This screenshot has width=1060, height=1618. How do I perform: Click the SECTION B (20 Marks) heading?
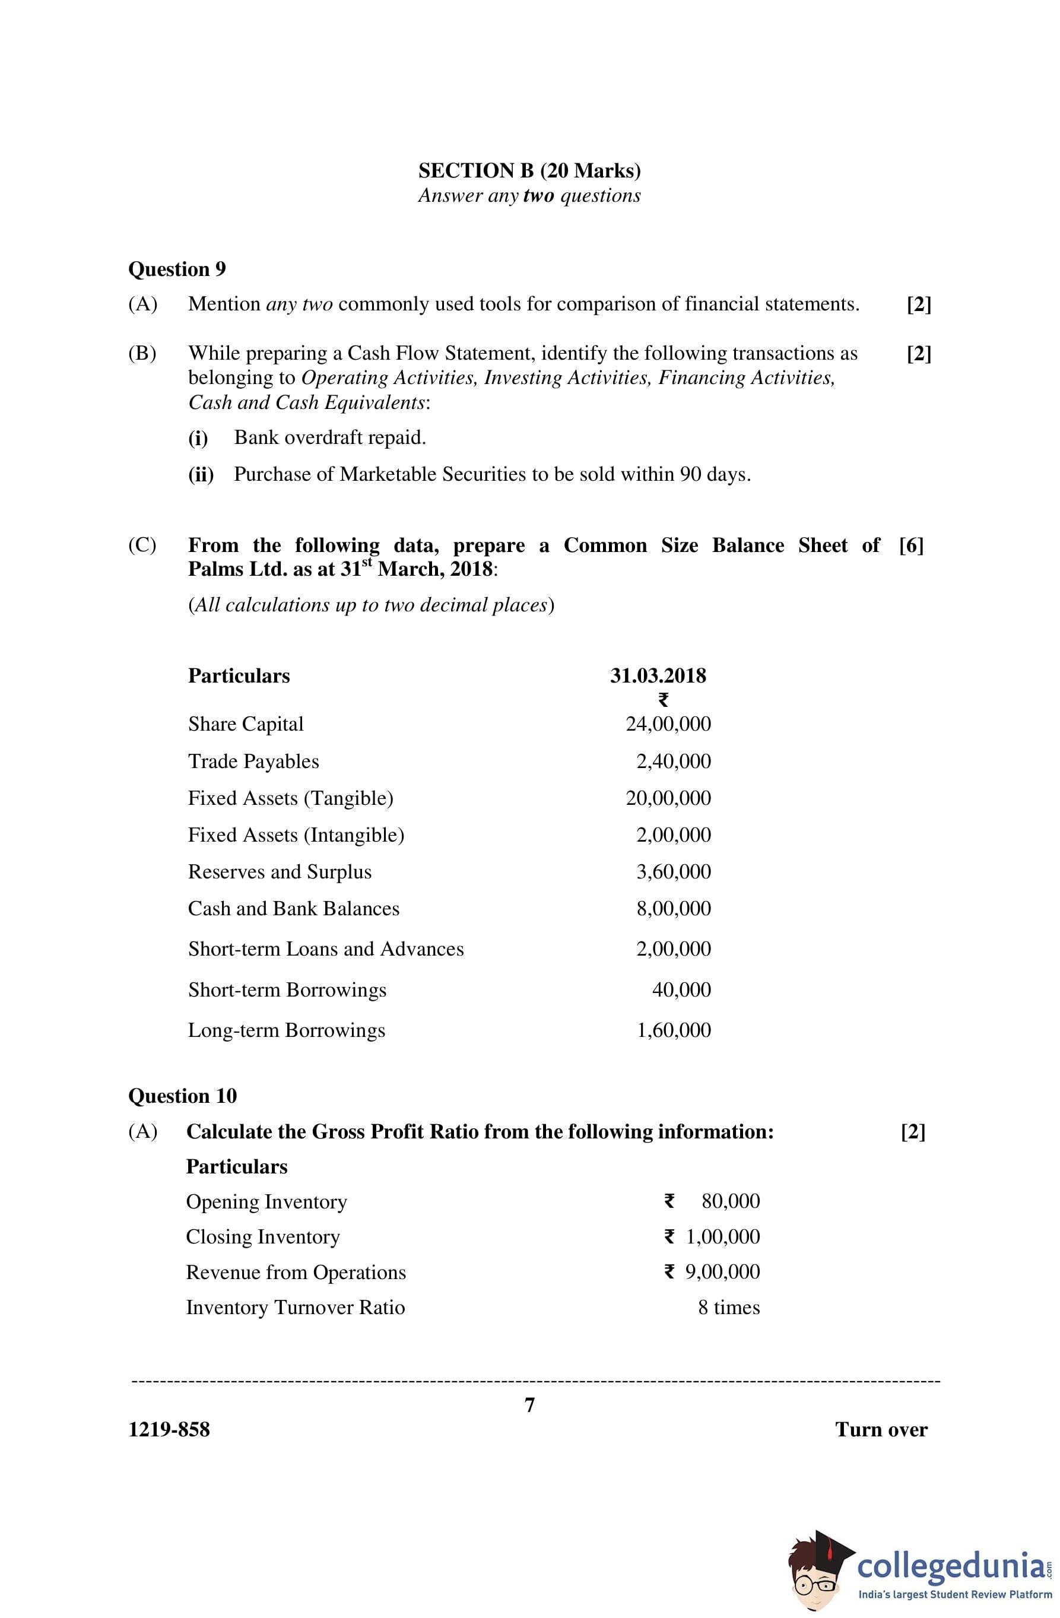(x=529, y=170)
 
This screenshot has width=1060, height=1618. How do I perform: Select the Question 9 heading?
(x=177, y=269)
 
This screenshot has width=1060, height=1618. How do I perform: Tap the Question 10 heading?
(x=182, y=1095)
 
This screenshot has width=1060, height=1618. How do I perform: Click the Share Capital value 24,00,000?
(x=668, y=724)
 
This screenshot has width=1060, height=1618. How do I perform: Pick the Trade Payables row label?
(x=253, y=762)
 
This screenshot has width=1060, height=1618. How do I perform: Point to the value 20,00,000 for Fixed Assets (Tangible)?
(x=668, y=798)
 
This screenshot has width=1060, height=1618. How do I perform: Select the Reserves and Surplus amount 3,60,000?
(x=673, y=871)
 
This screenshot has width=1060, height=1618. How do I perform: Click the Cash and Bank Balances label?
(x=293, y=909)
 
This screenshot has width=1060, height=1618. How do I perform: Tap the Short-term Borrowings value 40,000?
(x=681, y=989)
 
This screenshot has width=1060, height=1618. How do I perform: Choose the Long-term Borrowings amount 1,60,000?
(x=673, y=1030)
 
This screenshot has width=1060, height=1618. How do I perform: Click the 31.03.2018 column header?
(x=658, y=676)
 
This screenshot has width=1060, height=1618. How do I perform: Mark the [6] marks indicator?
(x=910, y=545)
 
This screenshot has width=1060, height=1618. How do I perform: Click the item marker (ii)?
(x=201, y=474)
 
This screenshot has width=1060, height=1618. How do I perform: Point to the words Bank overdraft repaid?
(x=330, y=438)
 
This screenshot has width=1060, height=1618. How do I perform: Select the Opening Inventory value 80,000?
(x=730, y=1201)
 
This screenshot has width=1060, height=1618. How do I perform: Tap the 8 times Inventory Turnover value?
(x=728, y=1308)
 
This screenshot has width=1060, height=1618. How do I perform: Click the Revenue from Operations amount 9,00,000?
(x=722, y=1272)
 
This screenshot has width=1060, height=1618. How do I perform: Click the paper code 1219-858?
(x=169, y=1430)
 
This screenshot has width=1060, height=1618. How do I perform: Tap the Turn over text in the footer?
(x=881, y=1430)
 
